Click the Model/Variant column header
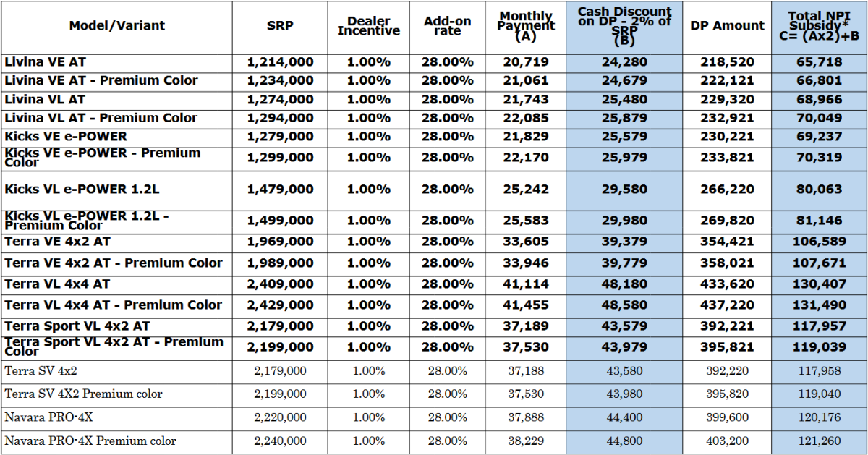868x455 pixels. coord(116,26)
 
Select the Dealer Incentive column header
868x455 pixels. coord(368,26)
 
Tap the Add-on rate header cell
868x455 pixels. coord(448,26)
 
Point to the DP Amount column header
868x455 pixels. coord(727,26)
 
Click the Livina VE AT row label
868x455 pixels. coord(45,62)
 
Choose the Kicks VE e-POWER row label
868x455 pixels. coord(65,136)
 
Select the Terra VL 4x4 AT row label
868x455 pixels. coord(57,284)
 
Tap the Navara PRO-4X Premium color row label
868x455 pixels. coord(90,441)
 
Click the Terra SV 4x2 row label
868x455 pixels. coord(41,371)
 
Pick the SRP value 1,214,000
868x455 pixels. coord(280,62)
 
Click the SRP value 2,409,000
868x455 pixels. coord(280,284)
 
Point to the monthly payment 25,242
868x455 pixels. coord(526,190)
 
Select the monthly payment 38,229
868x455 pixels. coord(526,441)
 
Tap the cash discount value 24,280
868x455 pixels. coord(624,62)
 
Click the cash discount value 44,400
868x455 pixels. coord(624,417)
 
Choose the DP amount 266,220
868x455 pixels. coord(727,190)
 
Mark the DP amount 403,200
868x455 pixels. coord(727,441)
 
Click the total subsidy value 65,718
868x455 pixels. coord(819,62)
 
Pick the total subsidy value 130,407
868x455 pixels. coord(819,284)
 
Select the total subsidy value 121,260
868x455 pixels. coord(819,441)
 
